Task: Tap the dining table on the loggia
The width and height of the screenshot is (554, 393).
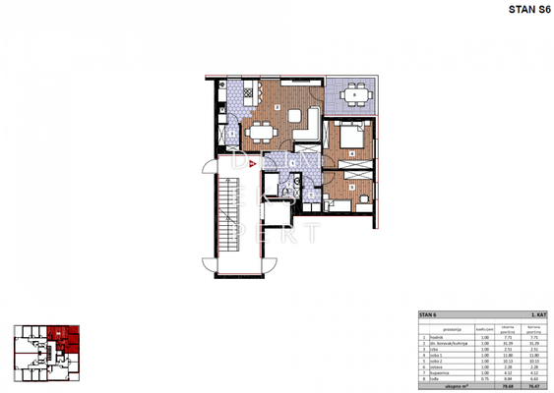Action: pos(351,95)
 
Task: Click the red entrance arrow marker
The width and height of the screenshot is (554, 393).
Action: pos(252,163)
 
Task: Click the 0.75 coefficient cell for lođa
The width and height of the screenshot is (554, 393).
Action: pos(485,380)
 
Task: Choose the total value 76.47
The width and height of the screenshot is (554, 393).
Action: pos(537,387)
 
